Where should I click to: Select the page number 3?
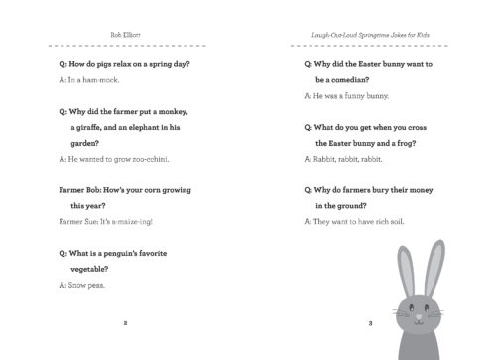pos(370,323)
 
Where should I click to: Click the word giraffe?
pos(90,127)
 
